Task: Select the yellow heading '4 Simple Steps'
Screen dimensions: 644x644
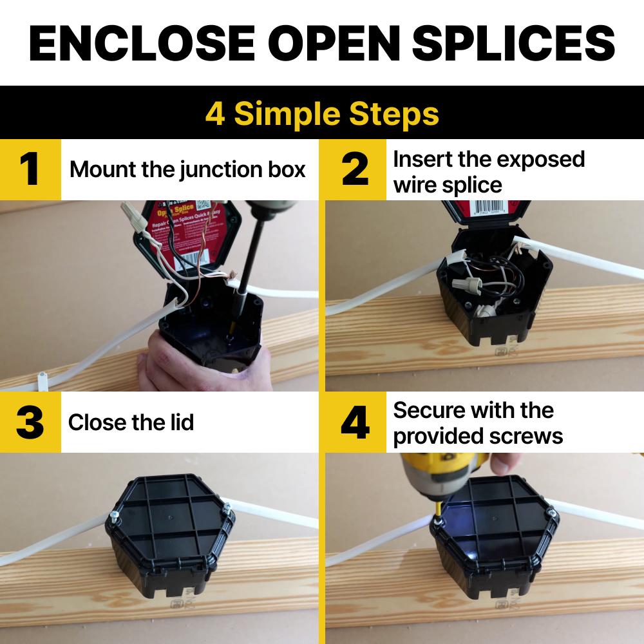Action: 322,114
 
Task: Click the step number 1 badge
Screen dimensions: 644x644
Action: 30,169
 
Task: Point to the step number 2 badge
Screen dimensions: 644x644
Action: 355,169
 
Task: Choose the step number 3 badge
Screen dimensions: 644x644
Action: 30,422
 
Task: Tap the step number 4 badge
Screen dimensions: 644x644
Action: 355,422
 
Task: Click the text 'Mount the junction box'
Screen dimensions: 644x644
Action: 187,170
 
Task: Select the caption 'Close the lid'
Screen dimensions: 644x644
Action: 131,422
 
